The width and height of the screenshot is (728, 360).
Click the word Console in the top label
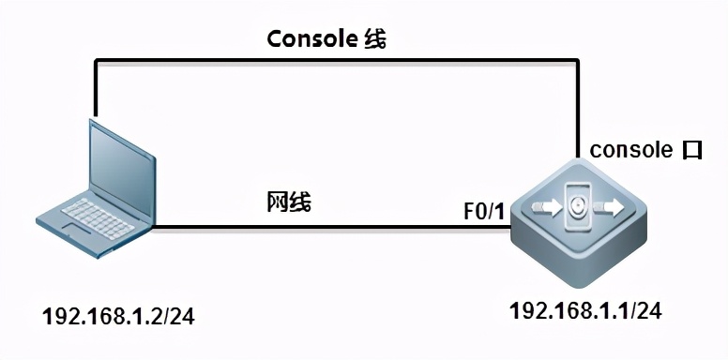click(x=309, y=38)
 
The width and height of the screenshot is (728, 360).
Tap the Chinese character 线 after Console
click(x=374, y=38)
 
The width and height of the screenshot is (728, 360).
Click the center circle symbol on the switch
click(x=580, y=203)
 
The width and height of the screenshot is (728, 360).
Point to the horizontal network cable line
click(x=310, y=227)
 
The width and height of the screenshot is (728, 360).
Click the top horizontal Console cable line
click(x=338, y=61)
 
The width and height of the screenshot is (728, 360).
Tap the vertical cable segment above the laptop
click(x=95, y=89)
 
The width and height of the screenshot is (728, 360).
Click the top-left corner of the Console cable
click(x=95, y=61)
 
